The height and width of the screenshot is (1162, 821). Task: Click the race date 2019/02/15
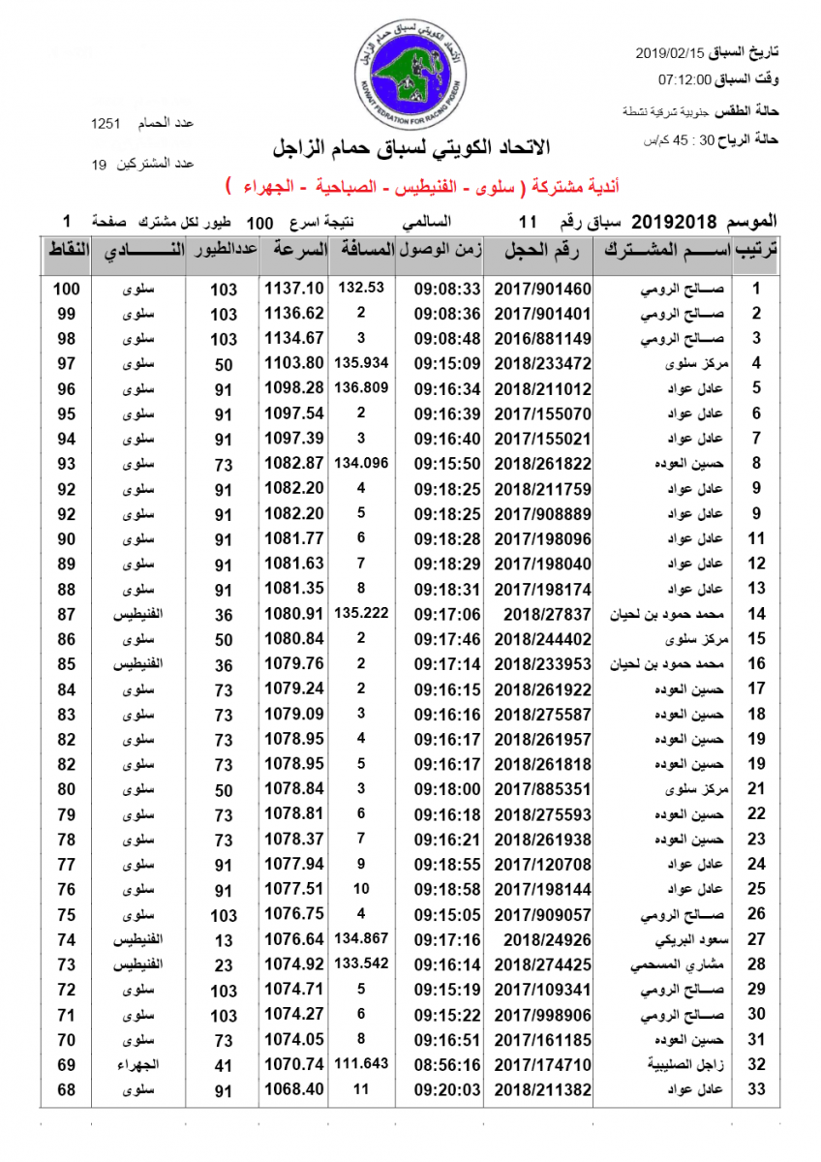(x=671, y=51)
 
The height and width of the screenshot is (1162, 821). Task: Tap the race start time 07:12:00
(x=684, y=79)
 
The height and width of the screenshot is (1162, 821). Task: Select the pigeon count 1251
(x=105, y=124)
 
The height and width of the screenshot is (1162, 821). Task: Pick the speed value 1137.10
(x=294, y=289)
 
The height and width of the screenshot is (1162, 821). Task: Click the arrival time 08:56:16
(x=447, y=1064)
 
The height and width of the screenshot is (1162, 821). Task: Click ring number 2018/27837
(x=548, y=614)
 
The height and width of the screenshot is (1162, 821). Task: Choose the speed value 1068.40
(x=294, y=1089)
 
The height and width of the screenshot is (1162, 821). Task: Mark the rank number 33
(x=757, y=1089)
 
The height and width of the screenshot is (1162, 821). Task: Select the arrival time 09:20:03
(x=447, y=1089)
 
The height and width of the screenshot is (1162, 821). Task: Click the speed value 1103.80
(x=294, y=364)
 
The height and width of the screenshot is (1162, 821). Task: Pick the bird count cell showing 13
(x=223, y=939)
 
